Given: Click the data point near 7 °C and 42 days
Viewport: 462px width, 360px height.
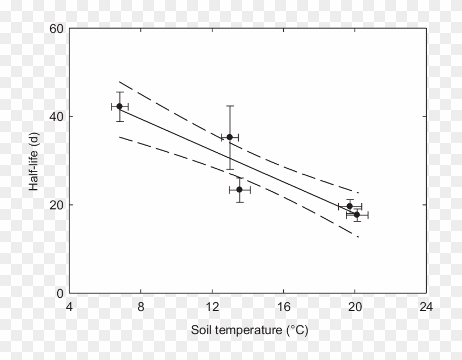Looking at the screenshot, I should (x=119, y=106).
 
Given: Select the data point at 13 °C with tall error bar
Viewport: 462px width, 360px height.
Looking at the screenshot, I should (x=230, y=137).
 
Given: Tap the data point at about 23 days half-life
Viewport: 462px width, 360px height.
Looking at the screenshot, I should (x=239, y=190).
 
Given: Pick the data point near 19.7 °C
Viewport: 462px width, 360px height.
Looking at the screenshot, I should (x=350, y=206).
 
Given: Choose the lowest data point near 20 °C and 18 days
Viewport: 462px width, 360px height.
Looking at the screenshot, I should (x=357, y=214).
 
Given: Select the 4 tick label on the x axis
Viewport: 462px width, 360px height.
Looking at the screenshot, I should (x=69, y=307).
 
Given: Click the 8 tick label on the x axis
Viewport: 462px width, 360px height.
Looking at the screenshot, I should (x=141, y=307).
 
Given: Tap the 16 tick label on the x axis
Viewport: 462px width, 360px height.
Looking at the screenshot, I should (x=283, y=307).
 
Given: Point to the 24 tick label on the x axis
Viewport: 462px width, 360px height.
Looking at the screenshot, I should (x=426, y=307).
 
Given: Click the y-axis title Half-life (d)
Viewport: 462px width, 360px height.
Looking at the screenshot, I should (x=34, y=161).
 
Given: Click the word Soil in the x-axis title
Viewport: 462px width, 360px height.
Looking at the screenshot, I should (x=200, y=331).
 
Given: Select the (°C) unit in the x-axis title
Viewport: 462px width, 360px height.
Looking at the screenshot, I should (x=296, y=331).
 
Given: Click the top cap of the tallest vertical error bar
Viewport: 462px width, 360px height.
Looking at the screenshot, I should (x=230, y=106).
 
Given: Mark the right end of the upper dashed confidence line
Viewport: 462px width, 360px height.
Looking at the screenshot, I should (x=358, y=192).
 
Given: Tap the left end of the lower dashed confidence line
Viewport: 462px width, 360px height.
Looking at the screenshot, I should (x=119, y=136).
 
